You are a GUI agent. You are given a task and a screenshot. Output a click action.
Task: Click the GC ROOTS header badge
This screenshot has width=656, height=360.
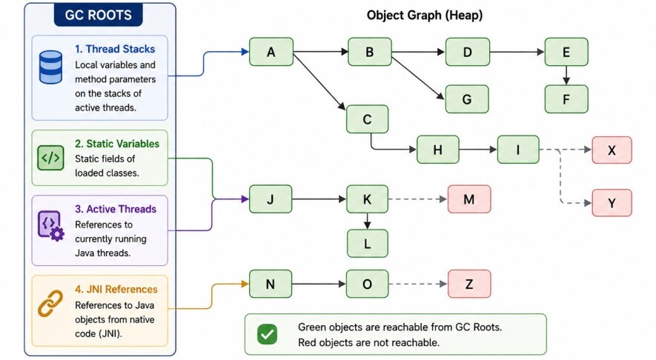tap(99, 15)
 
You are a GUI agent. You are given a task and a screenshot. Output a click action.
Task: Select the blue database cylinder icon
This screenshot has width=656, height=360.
tap(50, 67)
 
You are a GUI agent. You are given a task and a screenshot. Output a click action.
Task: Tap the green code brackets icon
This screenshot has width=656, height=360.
tap(50, 158)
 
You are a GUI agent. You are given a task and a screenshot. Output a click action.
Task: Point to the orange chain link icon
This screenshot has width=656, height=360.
tap(50, 304)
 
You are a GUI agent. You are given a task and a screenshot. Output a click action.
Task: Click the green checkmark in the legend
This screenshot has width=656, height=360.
tap(268, 335)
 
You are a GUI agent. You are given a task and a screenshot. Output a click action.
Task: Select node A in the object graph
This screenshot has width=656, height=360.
tap(271, 52)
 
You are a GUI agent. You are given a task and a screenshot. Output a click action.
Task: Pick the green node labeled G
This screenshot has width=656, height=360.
tap(467, 99)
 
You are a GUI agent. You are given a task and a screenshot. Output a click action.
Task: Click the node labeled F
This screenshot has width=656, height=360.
tap(566, 99)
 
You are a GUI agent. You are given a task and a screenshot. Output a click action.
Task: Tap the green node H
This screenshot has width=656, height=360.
tap(437, 150)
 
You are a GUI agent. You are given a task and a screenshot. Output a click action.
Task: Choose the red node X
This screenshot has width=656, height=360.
tap(612, 150)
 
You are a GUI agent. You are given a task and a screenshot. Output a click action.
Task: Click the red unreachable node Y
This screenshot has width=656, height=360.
tap(612, 203)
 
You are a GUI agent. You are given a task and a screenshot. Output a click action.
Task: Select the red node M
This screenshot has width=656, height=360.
tap(469, 199)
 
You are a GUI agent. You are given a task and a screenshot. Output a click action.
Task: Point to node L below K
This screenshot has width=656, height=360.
tap(368, 244)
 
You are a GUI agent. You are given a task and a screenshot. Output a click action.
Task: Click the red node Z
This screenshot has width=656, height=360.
tap(469, 284)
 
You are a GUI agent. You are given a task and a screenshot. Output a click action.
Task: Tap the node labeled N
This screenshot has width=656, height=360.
tap(271, 284)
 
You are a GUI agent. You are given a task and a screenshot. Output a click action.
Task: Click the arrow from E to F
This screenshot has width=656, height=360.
tap(566, 76)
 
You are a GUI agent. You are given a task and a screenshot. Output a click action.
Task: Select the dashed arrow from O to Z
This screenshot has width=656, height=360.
tap(418, 284)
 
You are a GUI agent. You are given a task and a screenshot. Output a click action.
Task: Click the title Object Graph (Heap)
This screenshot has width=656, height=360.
tap(425, 16)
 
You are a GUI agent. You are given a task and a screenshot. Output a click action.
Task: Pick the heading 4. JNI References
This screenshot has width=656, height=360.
tap(116, 290)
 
